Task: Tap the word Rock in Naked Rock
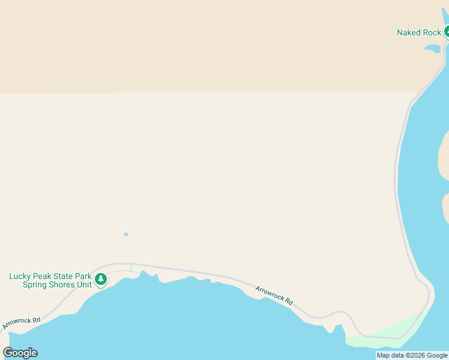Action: coord(432,32)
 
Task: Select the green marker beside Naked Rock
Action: coord(447,32)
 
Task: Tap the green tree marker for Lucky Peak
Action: coord(101,279)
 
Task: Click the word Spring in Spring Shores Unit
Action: coord(35,285)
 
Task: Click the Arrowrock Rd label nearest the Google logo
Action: coord(21,323)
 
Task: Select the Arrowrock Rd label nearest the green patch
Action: coord(274,295)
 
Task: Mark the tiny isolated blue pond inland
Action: coord(126,234)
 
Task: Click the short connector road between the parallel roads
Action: coord(131,268)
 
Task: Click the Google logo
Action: coord(20,353)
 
